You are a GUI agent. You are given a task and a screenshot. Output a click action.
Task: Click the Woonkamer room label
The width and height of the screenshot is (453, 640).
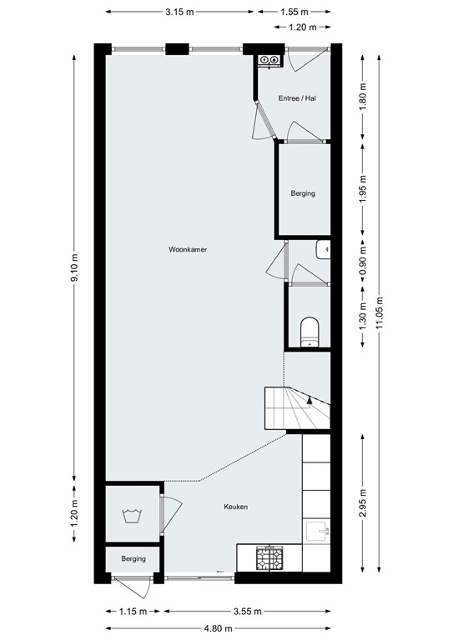point(187,249)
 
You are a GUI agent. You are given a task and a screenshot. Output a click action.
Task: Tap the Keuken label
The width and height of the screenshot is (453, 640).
point(235,507)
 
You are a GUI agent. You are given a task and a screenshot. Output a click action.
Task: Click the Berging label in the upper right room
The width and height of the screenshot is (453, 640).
point(303,193)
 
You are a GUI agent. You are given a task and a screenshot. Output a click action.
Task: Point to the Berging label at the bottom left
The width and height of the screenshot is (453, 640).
point(133,558)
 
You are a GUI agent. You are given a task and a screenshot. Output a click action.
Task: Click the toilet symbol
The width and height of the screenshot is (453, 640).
point(309,330)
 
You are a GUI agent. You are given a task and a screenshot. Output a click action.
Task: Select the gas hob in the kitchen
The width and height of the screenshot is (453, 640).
point(269,558)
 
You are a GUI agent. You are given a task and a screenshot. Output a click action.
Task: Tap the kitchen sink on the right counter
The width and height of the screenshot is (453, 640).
point(318,530)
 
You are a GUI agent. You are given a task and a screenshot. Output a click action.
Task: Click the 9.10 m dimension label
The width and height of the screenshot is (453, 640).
point(74,268)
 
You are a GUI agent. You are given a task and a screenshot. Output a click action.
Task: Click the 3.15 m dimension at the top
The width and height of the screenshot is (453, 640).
point(179,12)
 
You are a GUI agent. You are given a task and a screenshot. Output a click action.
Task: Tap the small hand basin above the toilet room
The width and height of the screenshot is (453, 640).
point(324,249)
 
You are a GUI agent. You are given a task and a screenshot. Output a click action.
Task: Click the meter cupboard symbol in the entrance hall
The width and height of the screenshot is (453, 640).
point(270,60)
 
